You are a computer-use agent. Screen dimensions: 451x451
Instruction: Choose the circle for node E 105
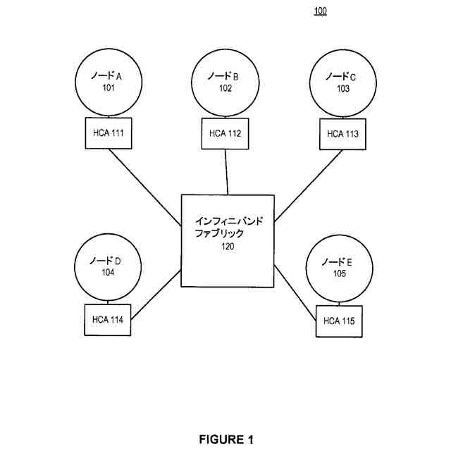(339, 268)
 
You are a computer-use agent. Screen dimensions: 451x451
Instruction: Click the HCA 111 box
(108, 133)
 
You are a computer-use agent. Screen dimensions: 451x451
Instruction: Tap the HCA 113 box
(343, 133)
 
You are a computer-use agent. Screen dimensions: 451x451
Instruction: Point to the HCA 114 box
(108, 320)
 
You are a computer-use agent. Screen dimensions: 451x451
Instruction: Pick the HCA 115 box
(339, 321)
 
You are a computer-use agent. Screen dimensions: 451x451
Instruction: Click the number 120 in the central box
(227, 247)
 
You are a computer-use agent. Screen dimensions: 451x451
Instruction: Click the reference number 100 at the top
(320, 11)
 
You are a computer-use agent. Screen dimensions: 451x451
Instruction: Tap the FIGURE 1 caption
(225, 440)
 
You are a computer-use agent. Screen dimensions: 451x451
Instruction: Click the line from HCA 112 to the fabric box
(227, 171)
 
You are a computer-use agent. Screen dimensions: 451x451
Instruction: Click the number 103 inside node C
(343, 89)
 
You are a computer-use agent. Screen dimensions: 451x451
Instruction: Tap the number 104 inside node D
(107, 272)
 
